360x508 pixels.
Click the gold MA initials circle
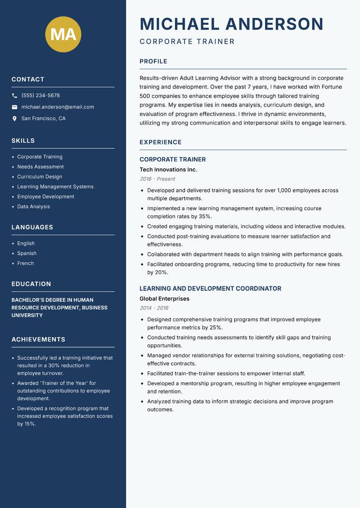[x=63, y=34]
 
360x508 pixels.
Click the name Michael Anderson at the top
[x=231, y=24]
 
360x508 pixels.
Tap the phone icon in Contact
[x=15, y=96]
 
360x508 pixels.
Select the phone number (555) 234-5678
[x=40, y=96]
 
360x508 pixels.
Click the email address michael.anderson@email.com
[x=58, y=107]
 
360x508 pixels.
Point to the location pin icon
[x=15, y=119]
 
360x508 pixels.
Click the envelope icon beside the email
[x=15, y=107]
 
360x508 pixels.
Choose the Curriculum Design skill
[x=40, y=177]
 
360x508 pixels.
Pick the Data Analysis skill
[x=34, y=207]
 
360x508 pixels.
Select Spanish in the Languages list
[x=27, y=254]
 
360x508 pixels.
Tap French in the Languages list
[x=26, y=263]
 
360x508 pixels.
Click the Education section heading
[x=31, y=284]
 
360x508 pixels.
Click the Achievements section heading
[x=38, y=339]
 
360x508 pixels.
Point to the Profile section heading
[x=153, y=62]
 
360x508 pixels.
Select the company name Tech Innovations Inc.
[x=168, y=170]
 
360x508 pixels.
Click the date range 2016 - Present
[x=157, y=179]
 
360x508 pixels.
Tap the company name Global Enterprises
[x=164, y=299]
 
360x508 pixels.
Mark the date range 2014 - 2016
[x=154, y=308]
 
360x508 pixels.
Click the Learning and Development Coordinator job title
[x=210, y=289]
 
